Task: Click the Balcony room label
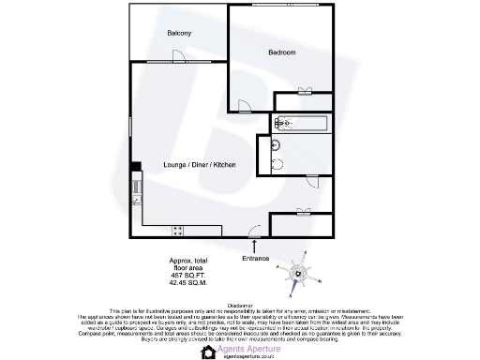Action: pyautogui.click(x=179, y=34)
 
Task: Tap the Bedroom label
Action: pyautogui.click(x=282, y=52)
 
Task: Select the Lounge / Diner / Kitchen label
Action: pyautogui.click(x=200, y=165)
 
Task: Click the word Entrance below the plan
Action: pyautogui.click(x=256, y=258)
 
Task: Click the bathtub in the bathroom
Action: pyautogui.click(x=300, y=123)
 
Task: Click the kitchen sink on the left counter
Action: pyautogui.click(x=138, y=189)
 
